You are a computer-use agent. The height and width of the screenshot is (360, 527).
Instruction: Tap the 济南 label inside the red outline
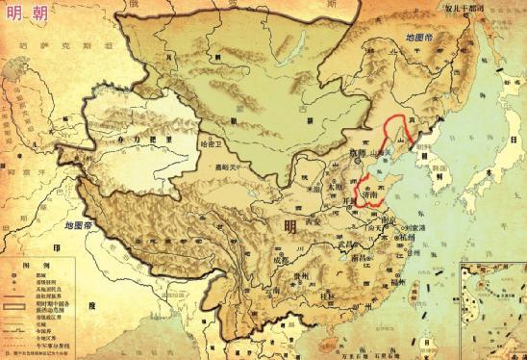(x=366, y=195)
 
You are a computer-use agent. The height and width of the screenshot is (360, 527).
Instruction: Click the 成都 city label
(x=277, y=260)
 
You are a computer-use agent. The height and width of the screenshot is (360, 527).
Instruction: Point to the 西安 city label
(x=314, y=220)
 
